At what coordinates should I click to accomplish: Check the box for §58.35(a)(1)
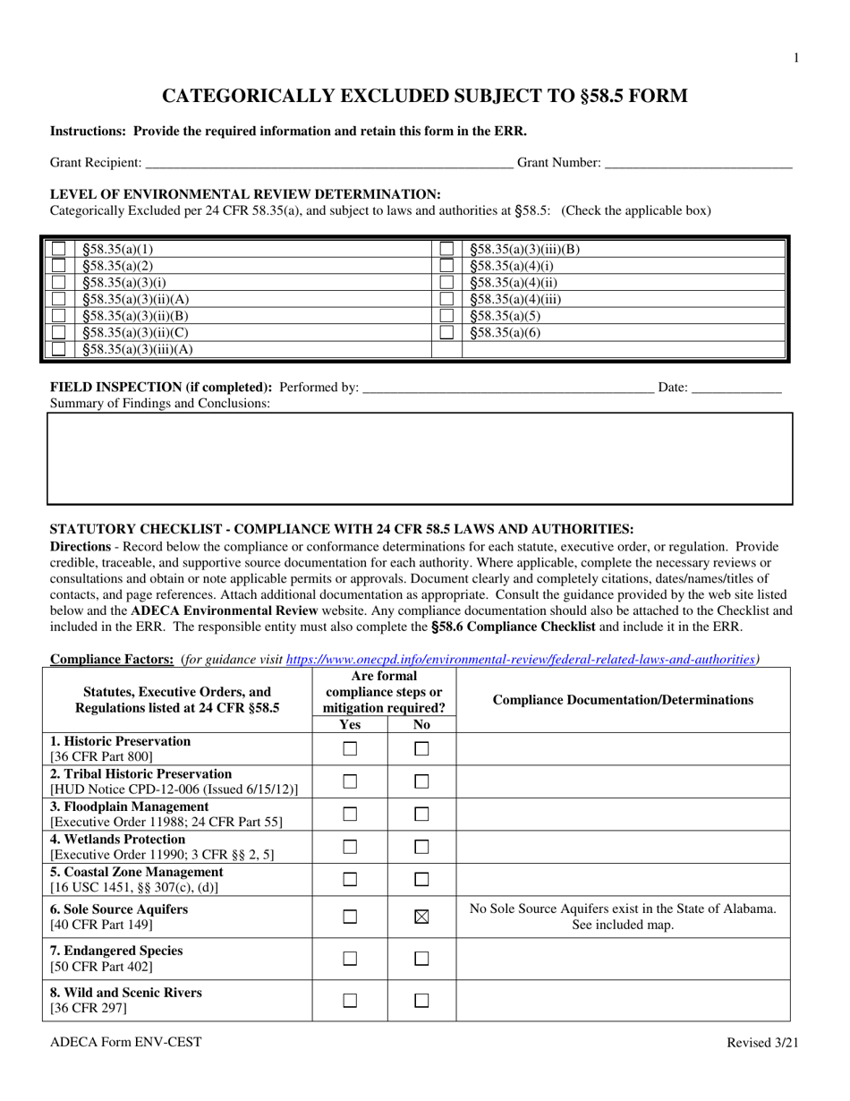coord(58,249)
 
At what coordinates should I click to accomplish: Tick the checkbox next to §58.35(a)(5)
coord(446,316)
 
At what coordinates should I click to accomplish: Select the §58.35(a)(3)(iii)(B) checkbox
coord(446,249)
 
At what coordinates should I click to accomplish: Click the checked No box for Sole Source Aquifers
coord(422,917)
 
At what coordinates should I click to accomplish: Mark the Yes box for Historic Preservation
coord(350,748)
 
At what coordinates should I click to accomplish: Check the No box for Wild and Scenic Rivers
coord(422,1000)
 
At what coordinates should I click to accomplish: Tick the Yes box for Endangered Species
coord(350,959)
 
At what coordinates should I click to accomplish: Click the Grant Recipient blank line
coord(327,163)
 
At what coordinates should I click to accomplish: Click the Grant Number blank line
coord(698,163)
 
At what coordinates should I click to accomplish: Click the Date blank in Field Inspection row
coord(736,388)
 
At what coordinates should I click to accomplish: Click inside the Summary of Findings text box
coord(420,458)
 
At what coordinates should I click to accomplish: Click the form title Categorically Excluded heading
coord(424,96)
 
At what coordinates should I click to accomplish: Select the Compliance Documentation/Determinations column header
coord(623,699)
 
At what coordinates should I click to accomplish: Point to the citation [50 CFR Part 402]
coord(101,967)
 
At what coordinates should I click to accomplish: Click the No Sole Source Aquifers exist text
coord(623,909)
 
